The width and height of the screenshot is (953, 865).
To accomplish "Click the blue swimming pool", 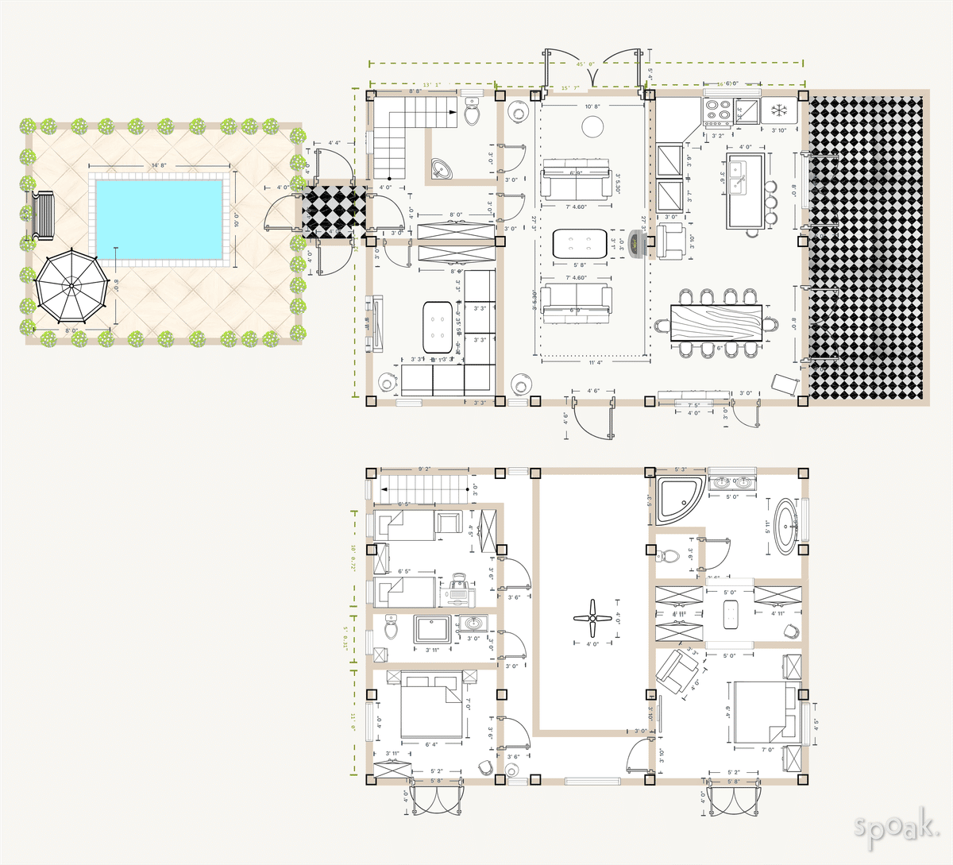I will click(158, 218).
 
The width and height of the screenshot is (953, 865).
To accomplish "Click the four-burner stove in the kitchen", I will click(719, 112).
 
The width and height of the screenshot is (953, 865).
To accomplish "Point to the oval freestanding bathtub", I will click(785, 525).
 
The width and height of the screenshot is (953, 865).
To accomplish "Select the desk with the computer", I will click(460, 588).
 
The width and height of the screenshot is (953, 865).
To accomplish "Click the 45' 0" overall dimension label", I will click(585, 64).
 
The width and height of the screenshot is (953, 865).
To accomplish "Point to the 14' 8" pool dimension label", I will click(158, 165).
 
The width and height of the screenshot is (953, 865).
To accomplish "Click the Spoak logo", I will click(896, 828).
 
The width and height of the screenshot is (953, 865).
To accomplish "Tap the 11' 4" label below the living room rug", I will click(596, 363).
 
